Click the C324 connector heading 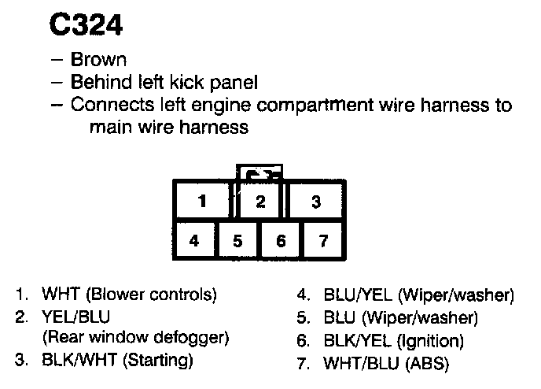[86, 26]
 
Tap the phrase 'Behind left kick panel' [164, 82]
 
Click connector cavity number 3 [315, 202]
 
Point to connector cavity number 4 [194, 241]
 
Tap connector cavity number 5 [237, 241]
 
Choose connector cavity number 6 [281, 241]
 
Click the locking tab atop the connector [259, 174]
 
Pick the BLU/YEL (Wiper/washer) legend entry [418, 296]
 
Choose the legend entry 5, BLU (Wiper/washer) [400, 318]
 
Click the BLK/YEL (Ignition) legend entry [393, 341]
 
